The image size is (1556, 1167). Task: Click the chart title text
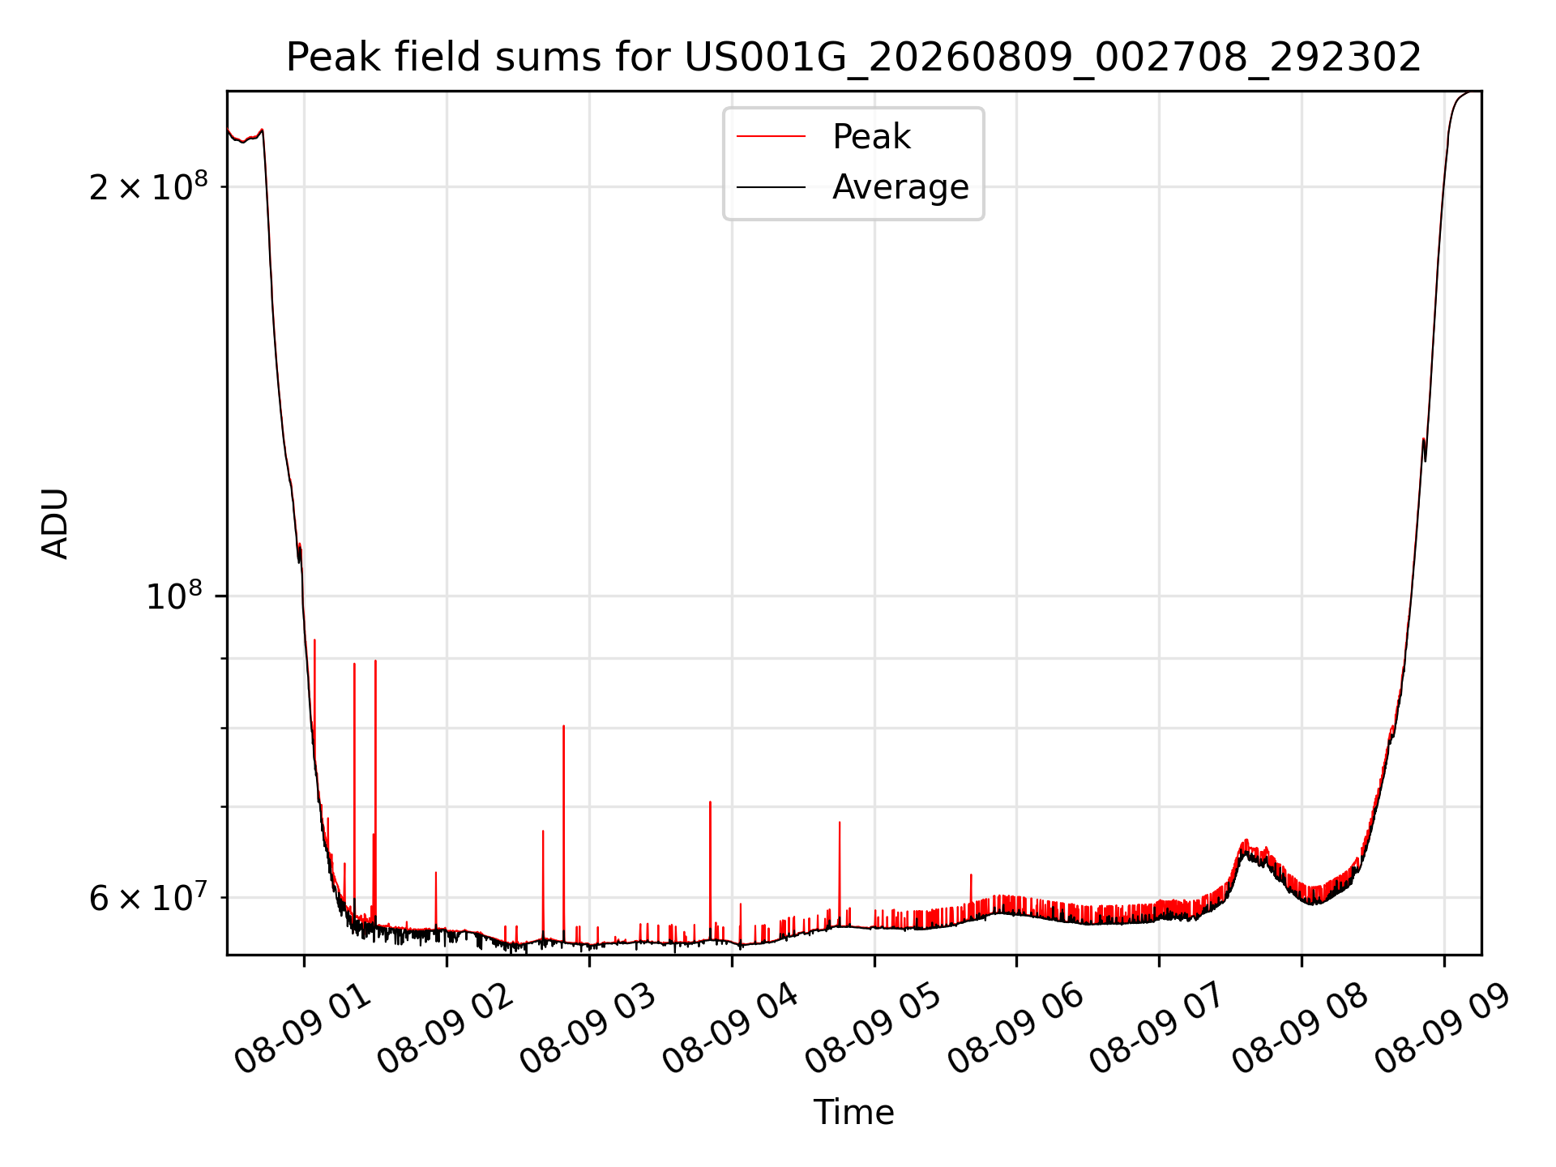click(x=854, y=58)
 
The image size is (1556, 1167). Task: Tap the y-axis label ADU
click(x=55, y=524)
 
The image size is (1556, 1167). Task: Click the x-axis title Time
click(x=854, y=1113)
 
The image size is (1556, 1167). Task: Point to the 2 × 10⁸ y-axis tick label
click(x=147, y=186)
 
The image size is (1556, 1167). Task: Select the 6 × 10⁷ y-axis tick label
click(x=147, y=897)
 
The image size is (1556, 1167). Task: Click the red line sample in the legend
click(x=771, y=137)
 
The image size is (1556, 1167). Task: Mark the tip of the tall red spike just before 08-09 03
click(x=563, y=726)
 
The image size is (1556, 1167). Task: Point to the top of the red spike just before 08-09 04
click(x=710, y=802)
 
